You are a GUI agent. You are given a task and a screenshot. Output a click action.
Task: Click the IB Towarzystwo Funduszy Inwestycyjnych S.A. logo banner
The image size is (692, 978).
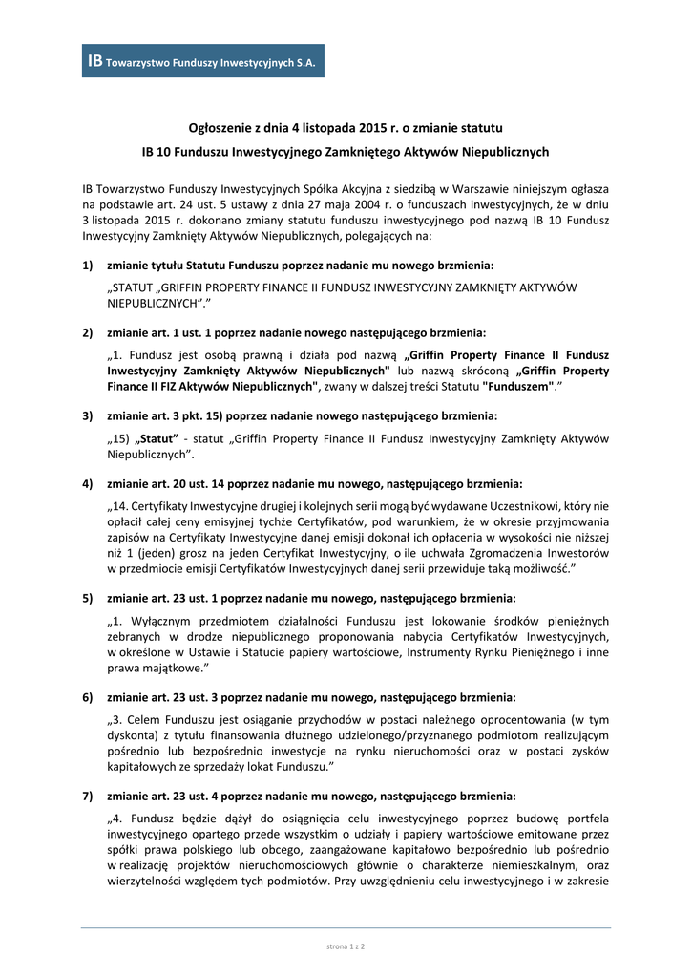pos(203,61)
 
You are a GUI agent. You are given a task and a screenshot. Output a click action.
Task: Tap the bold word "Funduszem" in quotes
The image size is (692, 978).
pos(518,387)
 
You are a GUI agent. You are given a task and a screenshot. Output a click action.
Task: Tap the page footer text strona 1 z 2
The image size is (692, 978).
pos(346,946)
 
